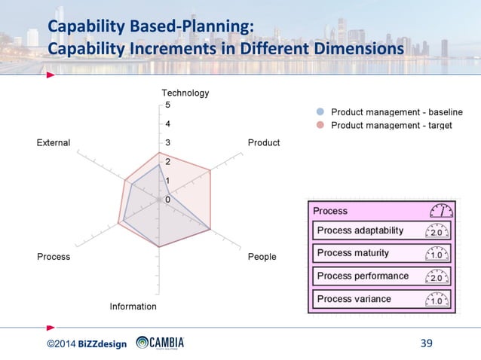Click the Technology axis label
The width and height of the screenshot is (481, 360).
tap(185, 93)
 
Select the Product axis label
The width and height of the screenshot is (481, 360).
tap(263, 143)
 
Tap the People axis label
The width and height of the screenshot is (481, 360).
tap(262, 257)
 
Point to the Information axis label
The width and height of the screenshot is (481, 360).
tap(133, 307)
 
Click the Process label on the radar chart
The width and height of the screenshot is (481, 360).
tap(54, 257)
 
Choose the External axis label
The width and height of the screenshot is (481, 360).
tap(54, 143)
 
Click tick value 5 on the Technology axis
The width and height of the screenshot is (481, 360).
tap(167, 105)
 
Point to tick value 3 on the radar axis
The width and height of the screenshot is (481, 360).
tap(167, 143)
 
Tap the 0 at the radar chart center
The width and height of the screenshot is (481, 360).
tap(167, 200)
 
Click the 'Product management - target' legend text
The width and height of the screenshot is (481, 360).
tap(392, 125)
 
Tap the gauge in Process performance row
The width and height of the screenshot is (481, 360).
tap(437, 276)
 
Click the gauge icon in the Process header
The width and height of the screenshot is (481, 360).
tap(441, 211)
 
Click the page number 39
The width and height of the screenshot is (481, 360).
tap(426, 344)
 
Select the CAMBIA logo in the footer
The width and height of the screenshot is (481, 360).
tap(160, 343)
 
